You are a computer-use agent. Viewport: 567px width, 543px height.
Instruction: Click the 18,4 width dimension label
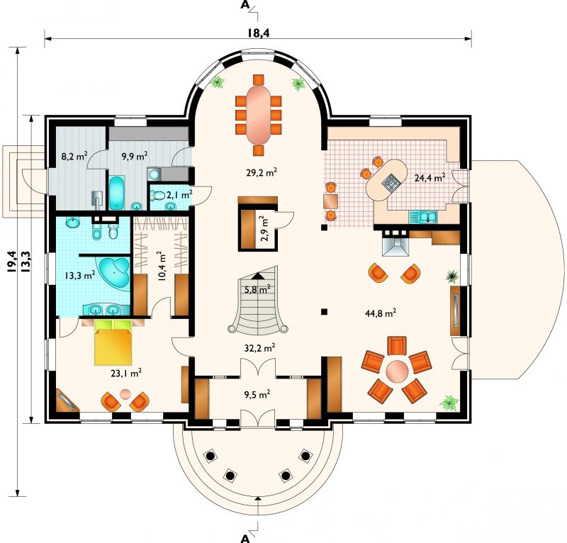(259, 33)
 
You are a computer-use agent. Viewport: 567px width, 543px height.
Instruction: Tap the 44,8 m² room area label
(381, 313)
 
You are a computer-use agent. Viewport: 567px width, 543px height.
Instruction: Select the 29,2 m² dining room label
(262, 172)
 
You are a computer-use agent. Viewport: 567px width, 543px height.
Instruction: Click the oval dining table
(259, 115)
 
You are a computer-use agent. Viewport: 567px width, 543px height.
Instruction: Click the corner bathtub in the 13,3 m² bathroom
(115, 272)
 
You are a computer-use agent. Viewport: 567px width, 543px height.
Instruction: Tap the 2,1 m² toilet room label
(179, 195)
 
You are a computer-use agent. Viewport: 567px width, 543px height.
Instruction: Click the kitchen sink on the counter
(423, 217)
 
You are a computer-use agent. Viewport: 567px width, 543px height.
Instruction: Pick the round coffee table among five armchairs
(397, 371)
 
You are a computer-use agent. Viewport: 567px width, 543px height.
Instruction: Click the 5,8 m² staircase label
(257, 289)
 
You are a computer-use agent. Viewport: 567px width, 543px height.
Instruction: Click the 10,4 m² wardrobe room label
(162, 266)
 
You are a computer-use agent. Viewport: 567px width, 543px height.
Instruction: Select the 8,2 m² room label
(74, 156)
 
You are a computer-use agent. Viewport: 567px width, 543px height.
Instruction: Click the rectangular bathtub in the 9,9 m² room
(116, 193)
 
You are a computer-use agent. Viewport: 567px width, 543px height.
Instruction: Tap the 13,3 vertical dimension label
(26, 261)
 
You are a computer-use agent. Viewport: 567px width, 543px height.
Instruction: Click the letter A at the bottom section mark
(245, 538)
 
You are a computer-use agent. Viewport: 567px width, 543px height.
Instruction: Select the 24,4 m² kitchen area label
(430, 177)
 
